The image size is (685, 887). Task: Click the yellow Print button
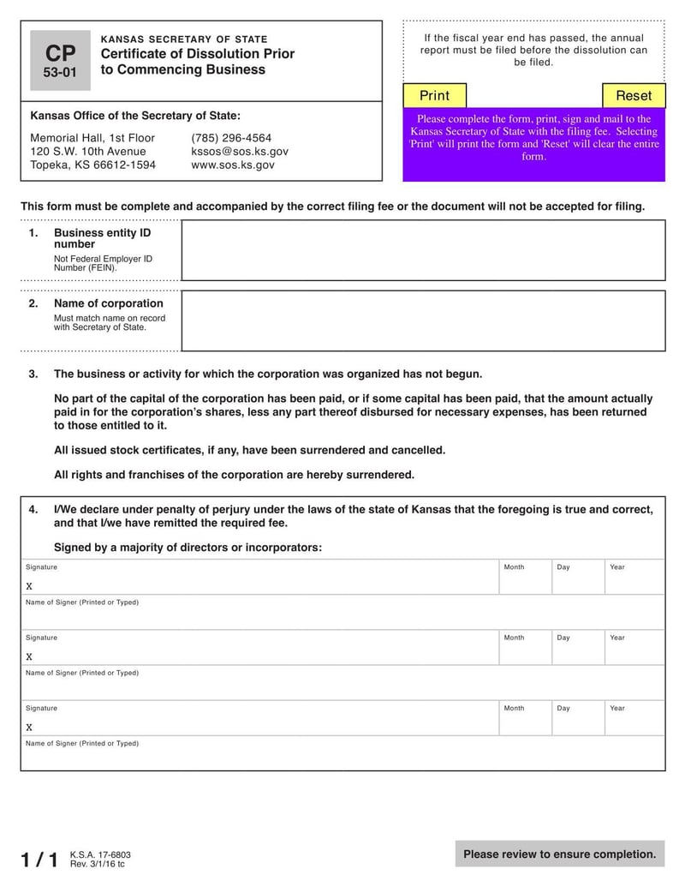click(x=434, y=95)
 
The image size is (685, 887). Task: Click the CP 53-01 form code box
click(x=60, y=60)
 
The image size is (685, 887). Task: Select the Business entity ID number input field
click(x=423, y=250)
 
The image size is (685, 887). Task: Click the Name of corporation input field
click(x=423, y=321)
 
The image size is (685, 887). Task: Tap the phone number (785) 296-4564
click(x=231, y=138)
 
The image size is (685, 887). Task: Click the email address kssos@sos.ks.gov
click(x=240, y=152)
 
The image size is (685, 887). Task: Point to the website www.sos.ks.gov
click(x=233, y=165)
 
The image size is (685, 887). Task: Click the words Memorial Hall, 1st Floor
click(x=92, y=138)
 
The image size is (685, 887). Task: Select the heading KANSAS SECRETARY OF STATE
click(x=184, y=39)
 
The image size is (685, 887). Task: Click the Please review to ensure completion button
click(x=560, y=854)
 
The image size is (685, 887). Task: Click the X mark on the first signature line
click(x=29, y=587)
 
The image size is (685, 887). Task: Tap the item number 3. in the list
click(x=33, y=375)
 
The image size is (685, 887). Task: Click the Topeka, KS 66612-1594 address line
click(x=92, y=165)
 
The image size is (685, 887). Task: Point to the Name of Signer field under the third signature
click(x=342, y=754)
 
